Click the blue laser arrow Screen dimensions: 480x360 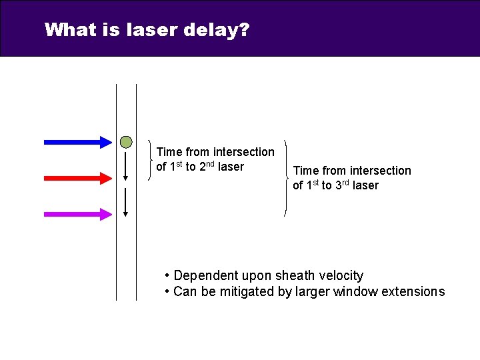point(77,141)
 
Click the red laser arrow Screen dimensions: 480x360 point(77,178)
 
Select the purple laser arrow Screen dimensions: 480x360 point(77,214)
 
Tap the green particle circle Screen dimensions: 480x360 point(126,141)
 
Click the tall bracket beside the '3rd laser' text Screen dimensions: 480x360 point(285,178)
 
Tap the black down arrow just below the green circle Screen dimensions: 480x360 point(126,166)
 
